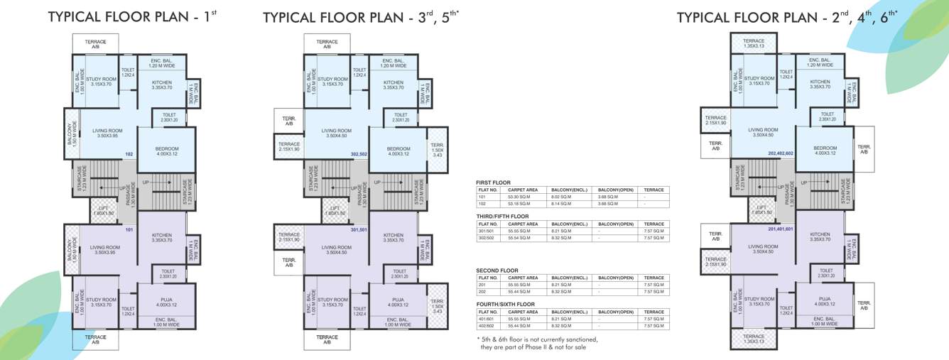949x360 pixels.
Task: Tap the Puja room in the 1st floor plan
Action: (x=166, y=302)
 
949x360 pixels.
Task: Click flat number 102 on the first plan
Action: (x=129, y=154)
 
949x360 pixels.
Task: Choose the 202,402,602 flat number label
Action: (x=779, y=153)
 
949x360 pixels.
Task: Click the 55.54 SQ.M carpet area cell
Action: (x=518, y=239)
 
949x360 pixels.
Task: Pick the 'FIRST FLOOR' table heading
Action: (x=493, y=182)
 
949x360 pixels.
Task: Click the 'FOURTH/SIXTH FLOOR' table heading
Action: (x=505, y=304)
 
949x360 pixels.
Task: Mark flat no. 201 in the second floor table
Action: (x=483, y=285)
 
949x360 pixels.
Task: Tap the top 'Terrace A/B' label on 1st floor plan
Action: (x=96, y=45)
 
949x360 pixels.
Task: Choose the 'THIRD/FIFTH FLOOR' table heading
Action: (x=502, y=216)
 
